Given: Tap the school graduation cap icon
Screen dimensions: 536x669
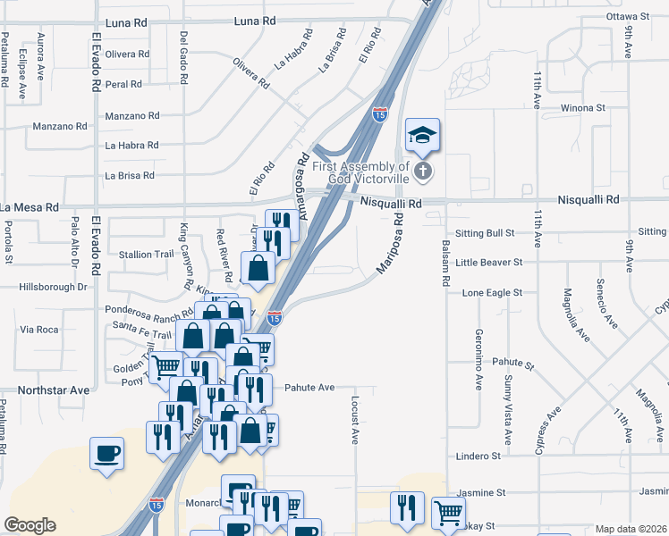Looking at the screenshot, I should coord(423,135).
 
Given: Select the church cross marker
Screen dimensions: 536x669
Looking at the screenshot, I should coord(423,171).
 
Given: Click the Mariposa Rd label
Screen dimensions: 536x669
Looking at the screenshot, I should coord(387,242).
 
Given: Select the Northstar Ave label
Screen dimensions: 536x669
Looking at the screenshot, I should coord(54,390).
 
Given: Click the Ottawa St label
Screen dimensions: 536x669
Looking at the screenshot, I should coord(627,16).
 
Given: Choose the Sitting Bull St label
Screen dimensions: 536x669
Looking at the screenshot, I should coord(486,233).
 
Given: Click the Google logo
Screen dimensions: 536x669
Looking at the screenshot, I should coord(30,525).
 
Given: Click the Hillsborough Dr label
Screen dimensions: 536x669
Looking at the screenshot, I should coord(53,288).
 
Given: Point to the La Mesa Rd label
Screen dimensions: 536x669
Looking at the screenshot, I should coord(29,207).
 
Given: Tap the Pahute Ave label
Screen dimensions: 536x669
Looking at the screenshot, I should coord(309,388).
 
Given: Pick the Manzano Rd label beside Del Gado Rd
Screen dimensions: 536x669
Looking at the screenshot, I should coord(132,116).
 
